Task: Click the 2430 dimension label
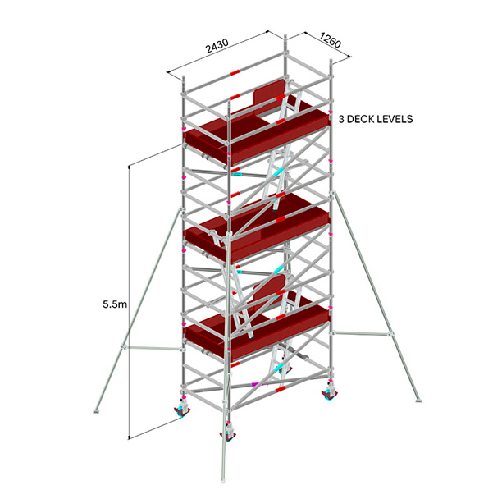tap(217, 46)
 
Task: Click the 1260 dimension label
tap(331, 41)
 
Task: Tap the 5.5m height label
tap(115, 304)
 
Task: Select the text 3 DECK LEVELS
tap(376, 119)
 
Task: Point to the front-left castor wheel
tap(181, 411)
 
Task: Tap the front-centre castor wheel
tap(228, 437)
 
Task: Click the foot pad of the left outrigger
tap(96, 411)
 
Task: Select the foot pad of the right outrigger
tap(418, 401)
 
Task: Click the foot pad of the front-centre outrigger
tap(223, 481)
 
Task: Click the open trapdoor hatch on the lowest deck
tap(269, 287)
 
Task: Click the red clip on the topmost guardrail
tap(235, 73)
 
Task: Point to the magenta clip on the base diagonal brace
tap(257, 383)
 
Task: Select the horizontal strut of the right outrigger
tap(361, 334)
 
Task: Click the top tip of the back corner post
tap(285, 34)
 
